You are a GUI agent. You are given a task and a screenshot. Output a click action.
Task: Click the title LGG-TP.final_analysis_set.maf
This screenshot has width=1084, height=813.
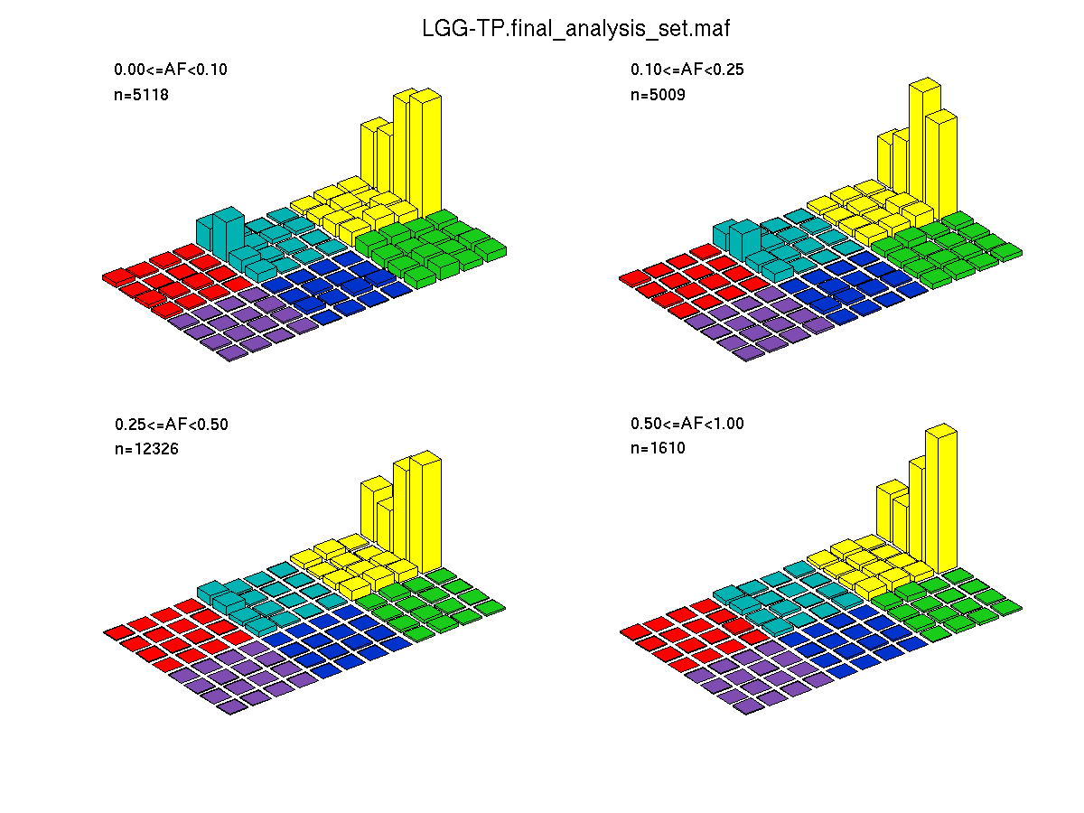click(x=575, y=28)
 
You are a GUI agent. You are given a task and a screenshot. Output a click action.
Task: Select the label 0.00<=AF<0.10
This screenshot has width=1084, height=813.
click(x=171, y=70)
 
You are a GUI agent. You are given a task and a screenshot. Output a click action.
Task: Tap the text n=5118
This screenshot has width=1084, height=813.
click(x=141, y=94)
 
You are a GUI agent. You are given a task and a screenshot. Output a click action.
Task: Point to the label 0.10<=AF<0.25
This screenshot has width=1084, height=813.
click(x=687, y=70)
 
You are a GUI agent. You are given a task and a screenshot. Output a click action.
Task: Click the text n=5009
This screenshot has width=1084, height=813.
click(x=658, y=94)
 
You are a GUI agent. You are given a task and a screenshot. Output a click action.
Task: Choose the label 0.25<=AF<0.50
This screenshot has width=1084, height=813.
click(x=172, y=424)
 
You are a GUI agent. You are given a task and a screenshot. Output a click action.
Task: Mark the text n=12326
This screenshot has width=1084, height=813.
click(x=146, y=449)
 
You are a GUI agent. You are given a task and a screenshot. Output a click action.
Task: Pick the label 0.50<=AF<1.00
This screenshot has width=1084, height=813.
click(x=687, y=423)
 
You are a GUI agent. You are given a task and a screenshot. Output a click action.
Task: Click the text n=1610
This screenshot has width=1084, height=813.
click(x=658, y=448)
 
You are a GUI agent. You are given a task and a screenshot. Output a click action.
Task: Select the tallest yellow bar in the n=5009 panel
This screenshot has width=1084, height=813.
click(x=924, y=143)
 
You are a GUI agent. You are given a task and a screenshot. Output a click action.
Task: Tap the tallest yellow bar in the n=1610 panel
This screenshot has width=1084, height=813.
click(x=941, y=499)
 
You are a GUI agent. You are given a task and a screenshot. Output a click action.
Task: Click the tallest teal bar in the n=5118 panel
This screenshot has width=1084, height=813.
click(x=229, y=235)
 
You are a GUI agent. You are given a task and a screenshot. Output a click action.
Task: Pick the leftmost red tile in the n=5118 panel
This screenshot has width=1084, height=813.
click(x=118, y=277)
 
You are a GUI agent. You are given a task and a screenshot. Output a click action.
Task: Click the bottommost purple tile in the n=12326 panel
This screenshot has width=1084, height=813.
click(x=232, y=706)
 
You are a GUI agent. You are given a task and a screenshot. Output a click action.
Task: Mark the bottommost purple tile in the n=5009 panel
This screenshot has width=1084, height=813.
click(x=749, y=352)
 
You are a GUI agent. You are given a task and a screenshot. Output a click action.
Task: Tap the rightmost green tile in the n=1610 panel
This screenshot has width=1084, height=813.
click(x=1006, y=607)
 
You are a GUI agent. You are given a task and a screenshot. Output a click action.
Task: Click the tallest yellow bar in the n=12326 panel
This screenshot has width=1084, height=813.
click(x=425, y=511)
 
